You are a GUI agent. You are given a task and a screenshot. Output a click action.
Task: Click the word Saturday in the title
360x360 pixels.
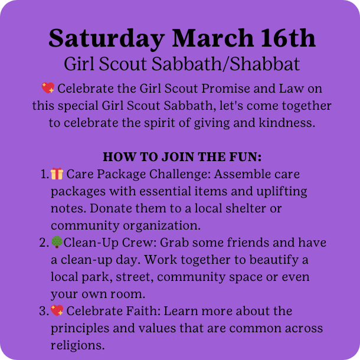pos(107,39)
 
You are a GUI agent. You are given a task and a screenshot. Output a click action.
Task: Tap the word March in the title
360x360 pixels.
pos(213,38)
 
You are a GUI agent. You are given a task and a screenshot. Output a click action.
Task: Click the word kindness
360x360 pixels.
pos(287,123)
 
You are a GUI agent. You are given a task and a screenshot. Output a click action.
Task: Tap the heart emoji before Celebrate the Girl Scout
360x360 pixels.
pos(48,88)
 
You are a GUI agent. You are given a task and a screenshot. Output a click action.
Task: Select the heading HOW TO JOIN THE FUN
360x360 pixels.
pos(182,157)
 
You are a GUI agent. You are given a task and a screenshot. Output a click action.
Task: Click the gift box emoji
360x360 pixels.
pos(57,174)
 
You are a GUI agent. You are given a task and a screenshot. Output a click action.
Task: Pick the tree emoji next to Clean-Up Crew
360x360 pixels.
pos(57,242)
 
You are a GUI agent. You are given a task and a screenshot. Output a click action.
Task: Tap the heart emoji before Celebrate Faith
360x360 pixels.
pos(57,310)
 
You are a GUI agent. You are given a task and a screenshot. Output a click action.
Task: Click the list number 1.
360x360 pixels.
pos(44,174)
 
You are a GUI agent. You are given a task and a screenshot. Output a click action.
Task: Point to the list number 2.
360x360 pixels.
pos(44,243)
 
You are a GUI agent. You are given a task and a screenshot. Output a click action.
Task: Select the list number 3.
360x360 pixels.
pos(44,311)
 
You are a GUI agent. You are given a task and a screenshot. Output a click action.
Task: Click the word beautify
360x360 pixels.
pos(274,260)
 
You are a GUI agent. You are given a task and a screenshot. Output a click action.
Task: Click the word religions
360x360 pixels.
pos(77,345)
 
